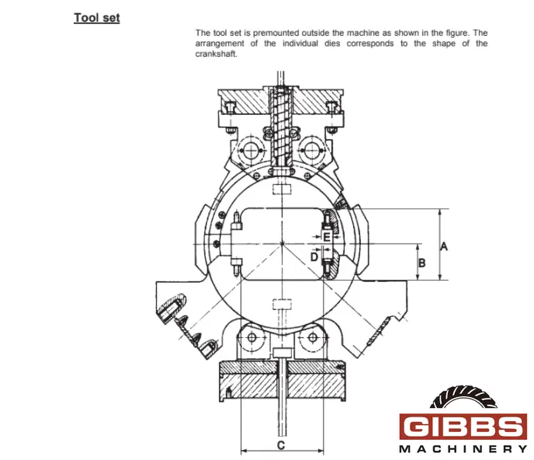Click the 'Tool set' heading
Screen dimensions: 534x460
[x=97, y=18]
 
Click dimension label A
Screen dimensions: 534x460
[x=444, y=246]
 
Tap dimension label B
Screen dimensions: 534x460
[x=421, y=263]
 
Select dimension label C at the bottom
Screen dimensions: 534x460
[x=281, y=445]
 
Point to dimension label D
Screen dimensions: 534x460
[x=314, y=256]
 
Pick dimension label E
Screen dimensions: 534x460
[x=326, y=237]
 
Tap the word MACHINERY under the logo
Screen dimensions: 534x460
[x=463, y=449]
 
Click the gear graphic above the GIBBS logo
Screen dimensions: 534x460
[x=463, y=397]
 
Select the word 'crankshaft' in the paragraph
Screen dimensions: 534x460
[x=216, y=54]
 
